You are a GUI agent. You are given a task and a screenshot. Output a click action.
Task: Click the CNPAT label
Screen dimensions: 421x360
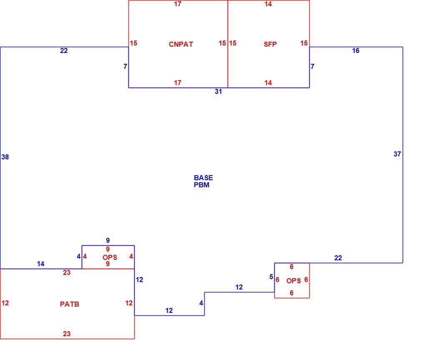(181, 44)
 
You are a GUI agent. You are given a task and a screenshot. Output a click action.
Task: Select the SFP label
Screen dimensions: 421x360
(270, 44)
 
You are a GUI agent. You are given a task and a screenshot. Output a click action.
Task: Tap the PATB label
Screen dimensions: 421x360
(70, 304)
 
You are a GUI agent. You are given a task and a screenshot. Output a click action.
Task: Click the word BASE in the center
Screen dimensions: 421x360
(203, 178)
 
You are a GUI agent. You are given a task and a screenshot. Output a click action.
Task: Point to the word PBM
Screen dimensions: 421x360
(201, 185)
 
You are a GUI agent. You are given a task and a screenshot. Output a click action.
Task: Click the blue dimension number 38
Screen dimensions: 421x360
(5, 157)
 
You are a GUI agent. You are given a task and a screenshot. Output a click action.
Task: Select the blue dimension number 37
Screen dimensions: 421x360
(397, 154)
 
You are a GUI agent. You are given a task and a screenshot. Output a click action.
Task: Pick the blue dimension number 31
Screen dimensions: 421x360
(218, 92)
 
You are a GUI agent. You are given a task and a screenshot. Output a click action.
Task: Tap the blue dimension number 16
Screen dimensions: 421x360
(356, 51)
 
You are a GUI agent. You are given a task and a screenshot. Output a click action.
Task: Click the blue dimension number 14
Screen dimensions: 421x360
(40, 264)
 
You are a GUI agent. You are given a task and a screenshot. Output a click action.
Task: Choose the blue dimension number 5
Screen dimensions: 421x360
(271, 277)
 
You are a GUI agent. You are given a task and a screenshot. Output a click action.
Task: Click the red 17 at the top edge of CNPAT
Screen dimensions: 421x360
(178, 4)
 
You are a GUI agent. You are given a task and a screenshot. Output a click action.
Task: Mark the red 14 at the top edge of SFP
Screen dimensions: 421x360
(268, 4)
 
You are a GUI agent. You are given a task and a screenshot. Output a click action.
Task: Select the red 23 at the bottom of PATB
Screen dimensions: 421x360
(67, 334)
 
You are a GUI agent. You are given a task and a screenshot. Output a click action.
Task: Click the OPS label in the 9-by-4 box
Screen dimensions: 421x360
(110, 257)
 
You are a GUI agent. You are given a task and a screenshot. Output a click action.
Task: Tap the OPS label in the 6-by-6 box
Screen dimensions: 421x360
(293, 281)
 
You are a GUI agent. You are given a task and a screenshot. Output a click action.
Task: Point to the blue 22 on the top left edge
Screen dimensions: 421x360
(64, 51)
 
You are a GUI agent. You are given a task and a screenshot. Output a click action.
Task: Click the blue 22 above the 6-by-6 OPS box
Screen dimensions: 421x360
(338, 258)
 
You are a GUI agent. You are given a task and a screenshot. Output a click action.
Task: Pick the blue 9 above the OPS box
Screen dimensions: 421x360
(108, 240)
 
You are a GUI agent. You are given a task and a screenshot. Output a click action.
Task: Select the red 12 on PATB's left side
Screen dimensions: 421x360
(5, 303)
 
